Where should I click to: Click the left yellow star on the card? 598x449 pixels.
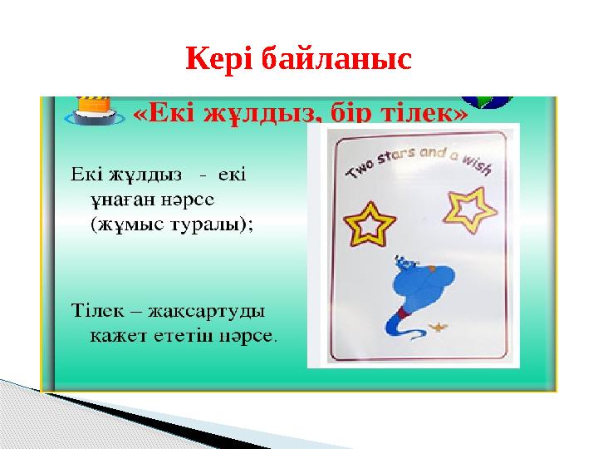pos(370,222)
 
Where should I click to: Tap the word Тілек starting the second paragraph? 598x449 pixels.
pos(92,312)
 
